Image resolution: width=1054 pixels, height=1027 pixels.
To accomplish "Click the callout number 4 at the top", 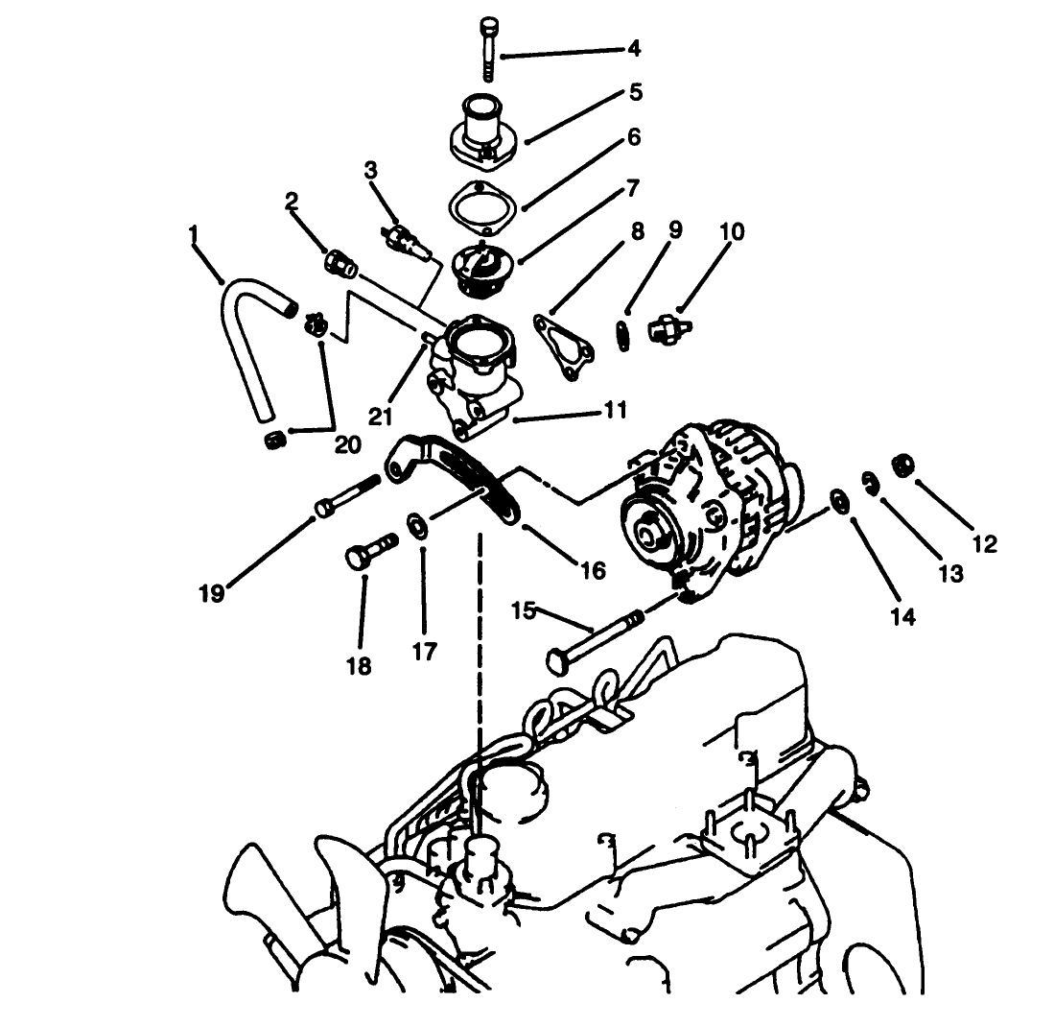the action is coord(634,49).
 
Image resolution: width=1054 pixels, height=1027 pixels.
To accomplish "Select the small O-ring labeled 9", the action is coord(622,335).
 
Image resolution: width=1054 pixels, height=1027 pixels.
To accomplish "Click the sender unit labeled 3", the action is coord(406,244).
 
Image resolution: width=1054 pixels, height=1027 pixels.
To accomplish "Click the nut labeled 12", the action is coord(903,464).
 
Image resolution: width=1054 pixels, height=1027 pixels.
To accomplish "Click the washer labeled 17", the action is coord(417,525).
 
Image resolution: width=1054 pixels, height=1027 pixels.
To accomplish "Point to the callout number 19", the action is coord(211,594).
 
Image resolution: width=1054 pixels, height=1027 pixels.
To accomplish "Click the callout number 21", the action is coord(380,417).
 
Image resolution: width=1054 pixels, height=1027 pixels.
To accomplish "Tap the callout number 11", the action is coord(616,410).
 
